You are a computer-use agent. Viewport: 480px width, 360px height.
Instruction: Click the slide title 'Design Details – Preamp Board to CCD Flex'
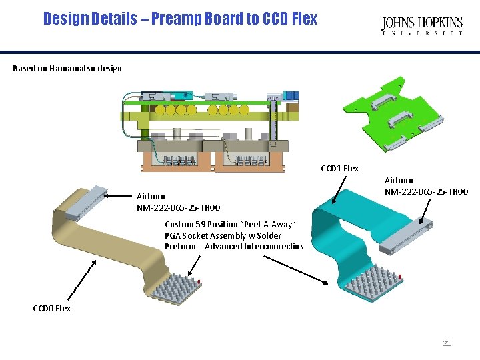180,19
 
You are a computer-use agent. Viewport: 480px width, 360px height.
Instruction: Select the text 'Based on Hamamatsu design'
67,68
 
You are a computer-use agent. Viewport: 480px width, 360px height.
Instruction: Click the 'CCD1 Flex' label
339,168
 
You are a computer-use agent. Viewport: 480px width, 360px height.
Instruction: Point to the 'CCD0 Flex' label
52,308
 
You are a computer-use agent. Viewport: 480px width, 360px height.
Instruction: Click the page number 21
447,343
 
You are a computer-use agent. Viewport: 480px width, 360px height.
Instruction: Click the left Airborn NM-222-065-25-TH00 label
178,202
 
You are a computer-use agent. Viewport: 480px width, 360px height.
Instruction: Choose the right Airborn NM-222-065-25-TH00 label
426,186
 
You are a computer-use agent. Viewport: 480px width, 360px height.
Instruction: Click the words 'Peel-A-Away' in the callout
273,225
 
